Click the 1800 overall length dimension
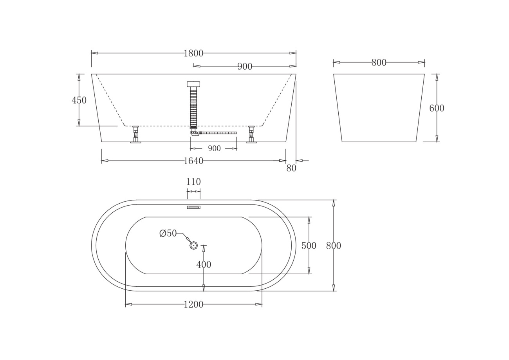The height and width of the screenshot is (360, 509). tap(193, 53)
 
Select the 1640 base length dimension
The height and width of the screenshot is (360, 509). tap(193, 161)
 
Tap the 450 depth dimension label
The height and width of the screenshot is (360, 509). tap(79, 100)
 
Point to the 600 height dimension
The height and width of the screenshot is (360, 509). tap(437, 108)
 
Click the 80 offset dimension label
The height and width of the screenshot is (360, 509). tap(291, 168)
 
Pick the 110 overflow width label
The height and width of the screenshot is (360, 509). tap(193, 182)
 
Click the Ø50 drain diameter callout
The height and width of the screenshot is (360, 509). tap(168, 233)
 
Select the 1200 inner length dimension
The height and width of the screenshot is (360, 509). tap(193, 305)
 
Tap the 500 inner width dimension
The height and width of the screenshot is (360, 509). tap(309, 246)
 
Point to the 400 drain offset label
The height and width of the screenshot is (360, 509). tap(204, 264)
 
